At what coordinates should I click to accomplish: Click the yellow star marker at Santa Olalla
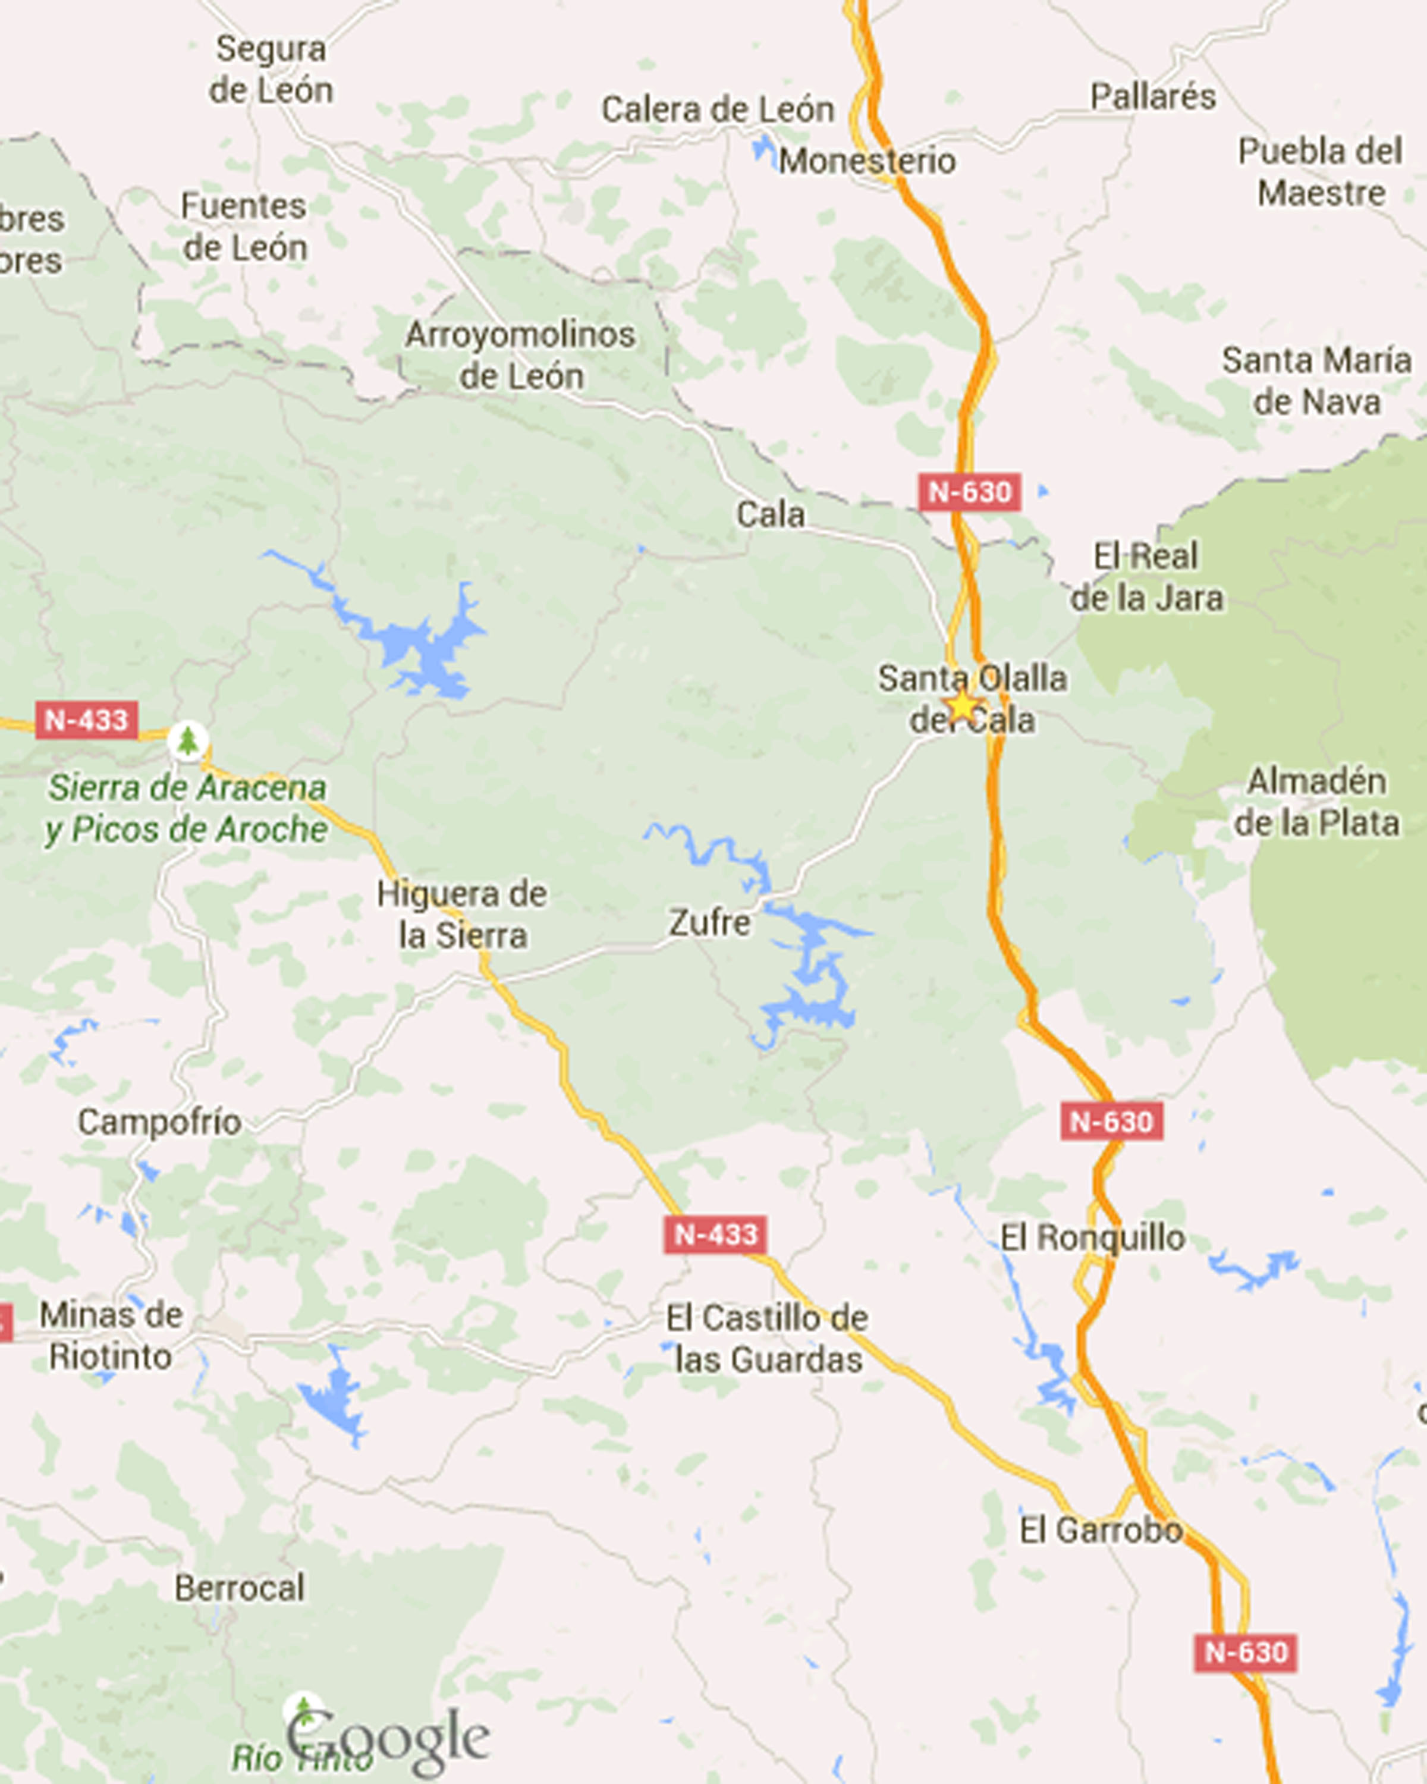[x=962, y=706]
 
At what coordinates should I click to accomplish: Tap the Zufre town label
[x=710, y=922]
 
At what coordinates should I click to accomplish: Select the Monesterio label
[x=867, y=161]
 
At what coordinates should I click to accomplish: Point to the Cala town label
[x=770, y=514]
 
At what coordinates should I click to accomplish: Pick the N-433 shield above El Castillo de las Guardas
[x=715, y=1235]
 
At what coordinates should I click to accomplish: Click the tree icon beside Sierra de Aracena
[x=188, y=740]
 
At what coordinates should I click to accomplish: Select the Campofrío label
[x=160, y=1123]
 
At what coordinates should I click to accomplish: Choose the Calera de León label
[x=717, y=109]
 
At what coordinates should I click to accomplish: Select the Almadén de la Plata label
[x=1316, y=802]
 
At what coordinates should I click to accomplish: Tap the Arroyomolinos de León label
[x=520, y=355]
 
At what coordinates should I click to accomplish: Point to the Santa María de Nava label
[x=1316, y=381]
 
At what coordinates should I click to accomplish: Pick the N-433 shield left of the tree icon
[x=86, y=720]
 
